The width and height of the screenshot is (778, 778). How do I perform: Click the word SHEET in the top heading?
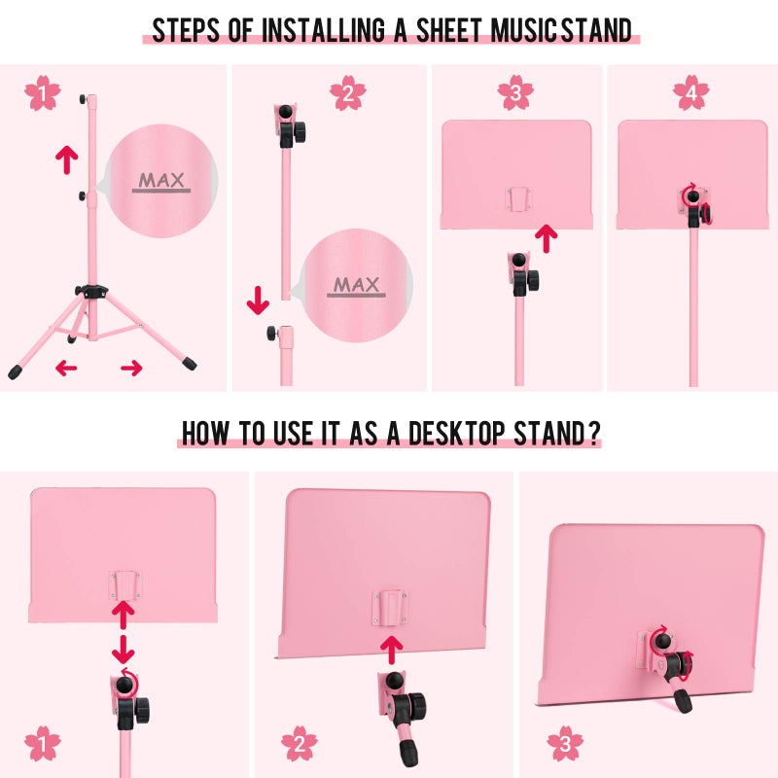pyautogui.click(x=448, y=30)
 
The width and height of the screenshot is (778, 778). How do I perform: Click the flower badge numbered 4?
pyautogui.click(x=691, y=92)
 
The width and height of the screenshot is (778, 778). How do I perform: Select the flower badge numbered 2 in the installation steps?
pyautogui.click(x=348, y=92)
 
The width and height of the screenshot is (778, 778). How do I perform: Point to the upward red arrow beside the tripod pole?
pyautogui.click(x=66, y=159)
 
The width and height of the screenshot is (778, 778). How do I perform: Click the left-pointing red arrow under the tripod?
pyautogui.click(x=66, y=368)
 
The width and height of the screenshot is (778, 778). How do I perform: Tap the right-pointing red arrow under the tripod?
pyautogui.click(x=131, y=368)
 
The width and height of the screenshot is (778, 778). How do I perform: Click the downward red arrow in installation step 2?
pyautogui.click(x=258, y=301)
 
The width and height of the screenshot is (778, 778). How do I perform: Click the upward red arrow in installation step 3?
pyautogui.click(x=547, y=238)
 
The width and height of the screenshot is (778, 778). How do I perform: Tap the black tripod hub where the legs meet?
pyautogui.click(x=91, y=291)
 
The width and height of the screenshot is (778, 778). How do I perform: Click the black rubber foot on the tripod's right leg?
pyautogui.click(x=190, y=363)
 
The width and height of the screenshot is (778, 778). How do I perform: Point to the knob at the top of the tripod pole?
pyautogui.click(x=83, y=99)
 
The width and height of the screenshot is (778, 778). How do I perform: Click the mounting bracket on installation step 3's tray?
pyautogui.click(x=518, y=199)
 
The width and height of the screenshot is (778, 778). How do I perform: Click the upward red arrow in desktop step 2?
pyautogui.click(x=392, y=651)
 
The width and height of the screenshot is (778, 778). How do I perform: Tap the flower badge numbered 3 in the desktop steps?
pyautogui.click(x=565, y=743)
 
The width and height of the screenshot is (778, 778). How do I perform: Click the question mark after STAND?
pyautogui.click(x=595, y=433)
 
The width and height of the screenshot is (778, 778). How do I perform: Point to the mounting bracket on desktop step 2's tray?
pyautogui.click(x=391, y=609)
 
